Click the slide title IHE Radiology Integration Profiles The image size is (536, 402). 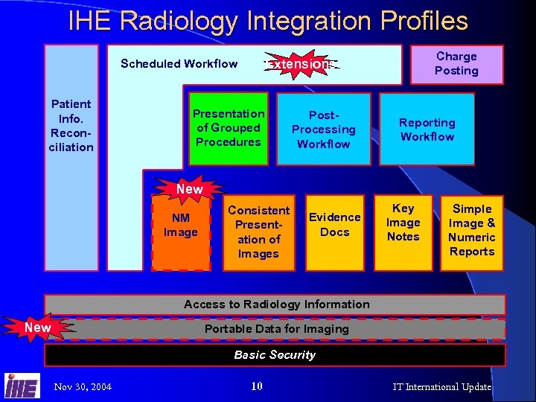[268, 21]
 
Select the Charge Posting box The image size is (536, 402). [456, 64]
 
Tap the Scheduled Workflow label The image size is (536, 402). [179, 63]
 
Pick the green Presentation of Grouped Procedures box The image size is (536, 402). [228, 128]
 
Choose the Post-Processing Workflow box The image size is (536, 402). [323, 129]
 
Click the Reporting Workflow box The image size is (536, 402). [427, 129]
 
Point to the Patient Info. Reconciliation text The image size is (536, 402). [71, 125]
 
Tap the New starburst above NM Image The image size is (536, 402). [189, 189]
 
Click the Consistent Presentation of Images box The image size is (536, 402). [258, 232]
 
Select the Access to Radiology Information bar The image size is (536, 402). [275, 304]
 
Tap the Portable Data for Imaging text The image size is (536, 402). [276, 328]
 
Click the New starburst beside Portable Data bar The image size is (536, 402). [37, 328]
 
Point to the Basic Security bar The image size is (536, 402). [275, 354]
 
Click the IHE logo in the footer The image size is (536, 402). [22, 386]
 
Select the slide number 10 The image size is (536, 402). [257, 386]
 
